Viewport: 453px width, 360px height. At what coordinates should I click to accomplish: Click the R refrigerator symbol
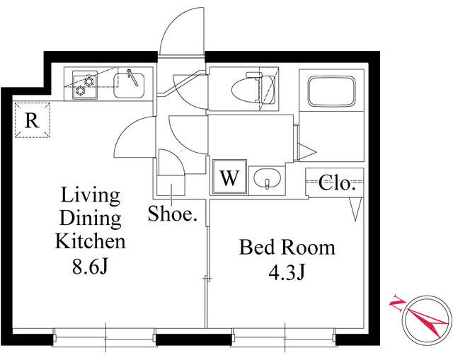click(33, 120)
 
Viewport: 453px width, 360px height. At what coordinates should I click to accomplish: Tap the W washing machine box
click(229, 177)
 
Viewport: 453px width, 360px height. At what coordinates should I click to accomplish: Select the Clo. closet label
click(337, 182)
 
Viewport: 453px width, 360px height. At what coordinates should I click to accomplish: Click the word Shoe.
click(173, 214)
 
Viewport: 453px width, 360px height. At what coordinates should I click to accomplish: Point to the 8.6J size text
click(90, 267)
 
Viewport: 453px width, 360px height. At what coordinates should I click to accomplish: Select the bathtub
click(331, 91)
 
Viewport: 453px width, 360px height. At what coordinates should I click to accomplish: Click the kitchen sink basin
click(129, 85)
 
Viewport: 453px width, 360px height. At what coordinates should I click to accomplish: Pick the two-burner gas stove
click(85, 85)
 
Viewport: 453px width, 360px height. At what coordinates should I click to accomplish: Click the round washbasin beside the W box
click(267, 178)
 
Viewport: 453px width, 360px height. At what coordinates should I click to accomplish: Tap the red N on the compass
click(398, 303)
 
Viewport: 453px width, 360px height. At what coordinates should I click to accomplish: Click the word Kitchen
click(91, 242)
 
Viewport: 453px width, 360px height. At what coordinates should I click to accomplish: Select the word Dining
click(90, 219)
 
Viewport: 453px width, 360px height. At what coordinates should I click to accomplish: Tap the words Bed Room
click(287, 248)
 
